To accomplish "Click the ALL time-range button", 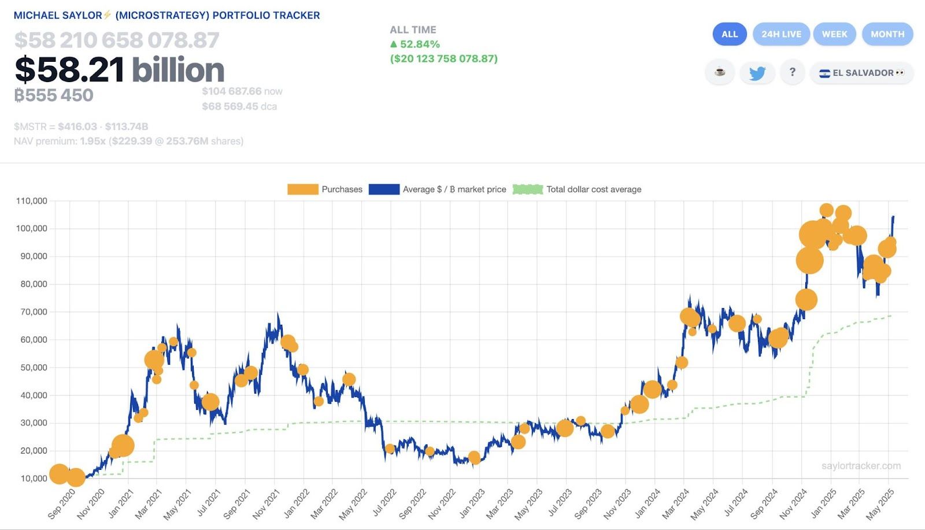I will [730, 34].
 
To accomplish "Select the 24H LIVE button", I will [781, 34].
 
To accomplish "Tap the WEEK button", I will [834, 34].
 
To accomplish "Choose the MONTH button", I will [887, 34].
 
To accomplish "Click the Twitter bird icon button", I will [757, 73].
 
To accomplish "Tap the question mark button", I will [792, 72].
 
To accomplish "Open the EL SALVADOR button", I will [861, 73].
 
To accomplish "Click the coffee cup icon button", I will [720, 72].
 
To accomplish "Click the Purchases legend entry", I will [325, 189].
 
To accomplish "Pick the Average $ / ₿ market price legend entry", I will [438, 189].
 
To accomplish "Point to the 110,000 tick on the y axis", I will [32, 201].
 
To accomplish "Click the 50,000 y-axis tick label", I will [34, 368].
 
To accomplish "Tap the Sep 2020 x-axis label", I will [62, 503].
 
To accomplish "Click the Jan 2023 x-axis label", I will [471, 503].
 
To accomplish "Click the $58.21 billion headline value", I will [119, 70].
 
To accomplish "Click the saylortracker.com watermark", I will [861, 466].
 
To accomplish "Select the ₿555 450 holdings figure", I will [54, 95].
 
